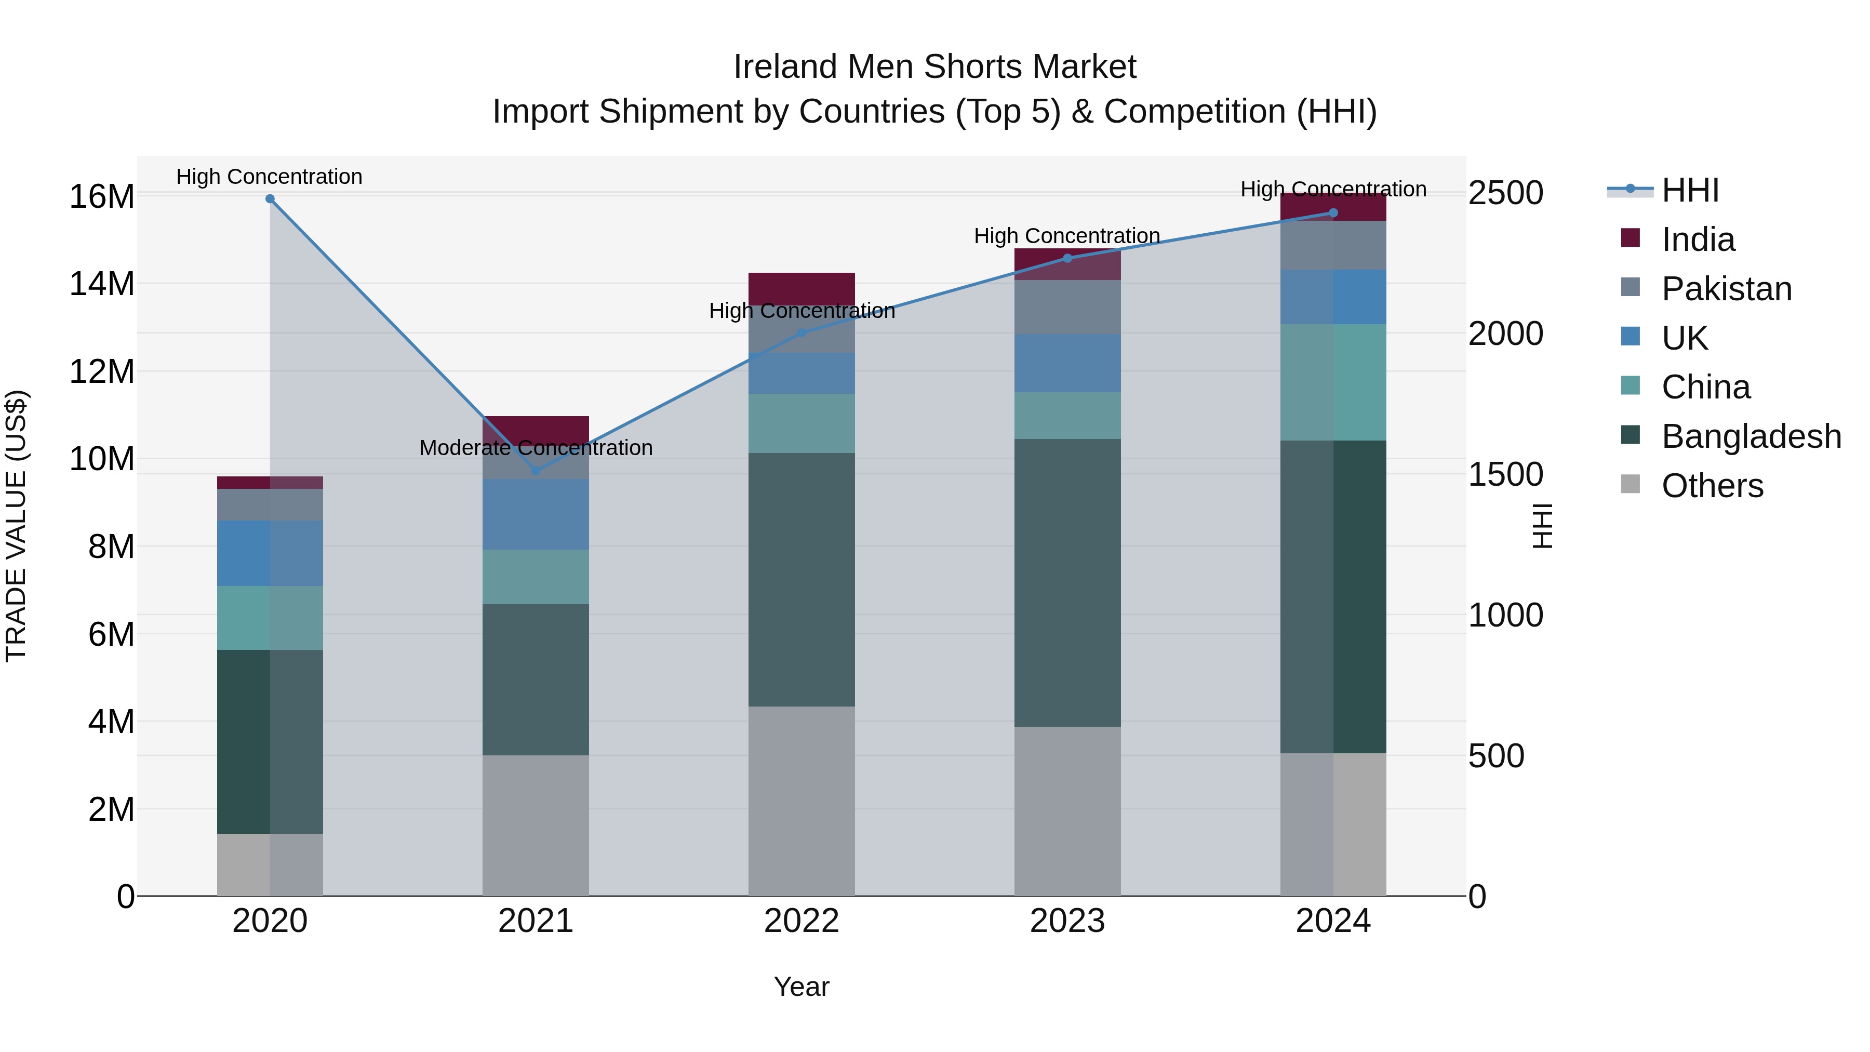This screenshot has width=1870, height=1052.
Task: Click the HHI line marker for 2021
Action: [x=536, y=471]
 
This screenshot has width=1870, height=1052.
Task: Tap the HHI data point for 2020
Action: [x=270, y=199]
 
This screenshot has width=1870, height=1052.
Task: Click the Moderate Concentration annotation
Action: [x=536, y=448]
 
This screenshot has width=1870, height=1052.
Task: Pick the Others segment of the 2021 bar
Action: [x=536, y=825]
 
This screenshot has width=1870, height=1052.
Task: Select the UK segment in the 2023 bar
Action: [x=1067, y=363]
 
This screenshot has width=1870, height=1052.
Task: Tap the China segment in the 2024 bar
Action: [x=1333, y=382]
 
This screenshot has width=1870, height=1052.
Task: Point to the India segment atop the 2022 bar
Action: [x=802, y=288]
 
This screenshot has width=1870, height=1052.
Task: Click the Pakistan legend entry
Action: [x=1726, y=289]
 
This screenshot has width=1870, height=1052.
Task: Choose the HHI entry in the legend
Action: [x=1689, y=190]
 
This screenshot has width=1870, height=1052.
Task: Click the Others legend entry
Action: [x=1711, y=486]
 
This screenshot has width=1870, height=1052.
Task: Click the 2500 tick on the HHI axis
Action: [x=1505, y=193]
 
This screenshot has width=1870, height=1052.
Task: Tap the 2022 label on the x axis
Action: [x=802, y=921]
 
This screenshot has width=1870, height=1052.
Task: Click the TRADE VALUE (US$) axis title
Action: [x=16, y=526]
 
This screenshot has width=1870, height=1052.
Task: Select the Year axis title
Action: [x=802, y=987]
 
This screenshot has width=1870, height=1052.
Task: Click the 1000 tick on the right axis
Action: [x=1505, y=616]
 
